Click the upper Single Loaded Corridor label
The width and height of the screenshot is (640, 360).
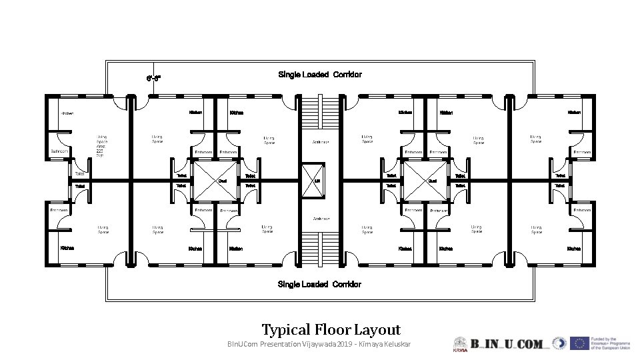pos(320,75)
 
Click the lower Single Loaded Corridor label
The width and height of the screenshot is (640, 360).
pos(319,285)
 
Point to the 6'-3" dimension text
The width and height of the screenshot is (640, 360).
pos(153,78)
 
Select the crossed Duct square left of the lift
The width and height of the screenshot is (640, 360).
pos(215,181)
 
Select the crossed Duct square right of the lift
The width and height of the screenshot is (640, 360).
pos(425,181)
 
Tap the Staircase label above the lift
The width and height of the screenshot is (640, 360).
pos(321,142)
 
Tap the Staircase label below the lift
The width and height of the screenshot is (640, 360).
pos(321,219)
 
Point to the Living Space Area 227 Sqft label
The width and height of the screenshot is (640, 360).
pos(101,145)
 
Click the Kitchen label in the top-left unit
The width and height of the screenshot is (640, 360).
pos(67,113)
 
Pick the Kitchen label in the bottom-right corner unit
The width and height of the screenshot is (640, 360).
pos(573,249)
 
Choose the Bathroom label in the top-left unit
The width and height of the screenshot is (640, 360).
pos(59,151)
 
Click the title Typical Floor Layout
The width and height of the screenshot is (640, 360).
pos(331,329)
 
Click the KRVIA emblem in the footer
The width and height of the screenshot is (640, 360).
pos(460,343)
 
